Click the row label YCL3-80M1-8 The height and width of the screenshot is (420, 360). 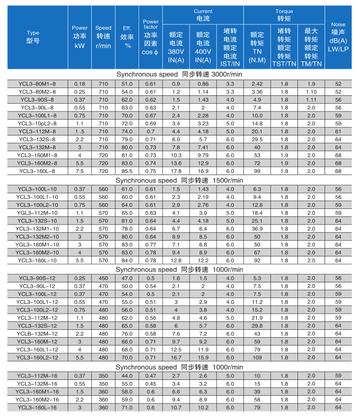click(x=36, y=84)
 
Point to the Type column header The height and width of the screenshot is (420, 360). click(x=33, y=36)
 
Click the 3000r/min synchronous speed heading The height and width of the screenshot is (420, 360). click(x=180, y=75)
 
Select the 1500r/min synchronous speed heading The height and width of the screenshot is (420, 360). click(x=180, y=180)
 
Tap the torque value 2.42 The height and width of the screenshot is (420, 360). click(x=257, y=84)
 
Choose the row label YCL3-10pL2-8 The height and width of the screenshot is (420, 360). click(x=36, y=123)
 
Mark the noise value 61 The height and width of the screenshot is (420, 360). click(x=338, y=131)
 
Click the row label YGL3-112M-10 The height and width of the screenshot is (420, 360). click(x=36, y=213)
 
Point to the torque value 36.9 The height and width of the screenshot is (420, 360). click(x=257, y=229)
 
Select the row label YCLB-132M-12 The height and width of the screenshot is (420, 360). click(x=36, y=333)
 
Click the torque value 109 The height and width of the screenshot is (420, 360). click(x=257, y=358)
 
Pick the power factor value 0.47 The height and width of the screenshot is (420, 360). click(x=151, y=375)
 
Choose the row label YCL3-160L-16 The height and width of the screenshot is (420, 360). click(x=36, y=407)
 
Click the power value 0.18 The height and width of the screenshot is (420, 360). click(x=80, y=84)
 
